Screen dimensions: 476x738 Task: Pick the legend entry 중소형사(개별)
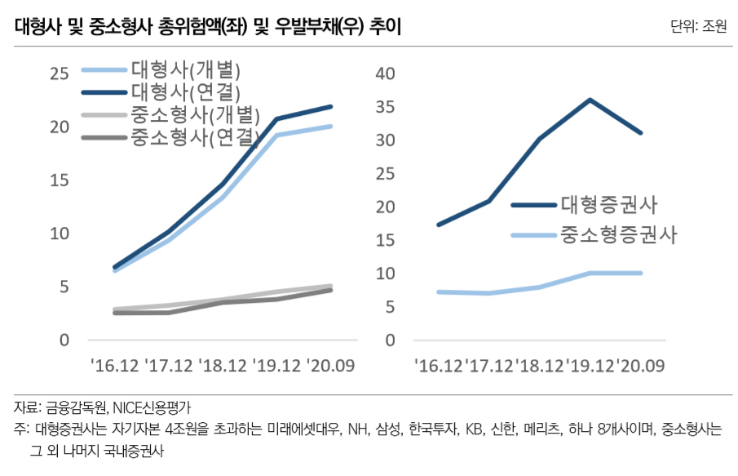(195, 114)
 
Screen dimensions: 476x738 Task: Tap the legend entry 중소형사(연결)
(195, 137)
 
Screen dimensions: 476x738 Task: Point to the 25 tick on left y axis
(60, 74)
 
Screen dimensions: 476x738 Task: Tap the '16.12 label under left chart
(115, 363)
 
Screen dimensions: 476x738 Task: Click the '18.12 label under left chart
(223, 363)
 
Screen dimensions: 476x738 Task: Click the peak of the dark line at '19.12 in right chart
(590, 100)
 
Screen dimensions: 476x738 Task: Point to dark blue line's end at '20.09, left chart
(330, 106)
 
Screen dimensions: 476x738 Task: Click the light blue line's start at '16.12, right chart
(439, 291)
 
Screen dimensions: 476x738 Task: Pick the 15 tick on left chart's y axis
(60, 180)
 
